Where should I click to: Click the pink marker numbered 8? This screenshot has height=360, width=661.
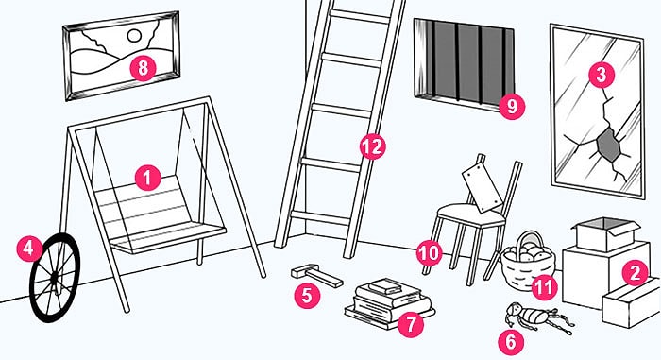click(x=143, y=68)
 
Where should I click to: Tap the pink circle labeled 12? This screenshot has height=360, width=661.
click(x=373, y=146)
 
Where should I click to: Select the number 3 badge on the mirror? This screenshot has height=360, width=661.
click(x=602, y=75)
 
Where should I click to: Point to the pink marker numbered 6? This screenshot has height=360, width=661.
click(x=511, y=341)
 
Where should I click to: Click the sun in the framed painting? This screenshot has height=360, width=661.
click(x=134, y=36)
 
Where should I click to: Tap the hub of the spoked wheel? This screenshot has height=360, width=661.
click(x=55, y=278)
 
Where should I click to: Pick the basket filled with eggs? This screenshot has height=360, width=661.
click(x=527, y=262)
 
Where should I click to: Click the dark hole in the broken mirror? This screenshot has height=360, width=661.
click(x=608, y=145)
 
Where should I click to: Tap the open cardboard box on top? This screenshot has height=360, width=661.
click(x=605, y=234)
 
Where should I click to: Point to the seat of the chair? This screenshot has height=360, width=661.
click(x=470, y=214)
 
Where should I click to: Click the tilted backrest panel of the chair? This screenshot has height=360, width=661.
click(x=483, y=188)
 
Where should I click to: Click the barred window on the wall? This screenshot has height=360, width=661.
click(x=464, y=63)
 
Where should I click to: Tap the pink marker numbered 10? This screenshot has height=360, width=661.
click(x=429, y=253)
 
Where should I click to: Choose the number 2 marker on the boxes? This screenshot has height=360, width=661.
click(x=635, y=272)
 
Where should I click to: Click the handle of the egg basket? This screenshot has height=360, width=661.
click(x=529, y=240)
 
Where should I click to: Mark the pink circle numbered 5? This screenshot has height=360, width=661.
click(x=307, y=295)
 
